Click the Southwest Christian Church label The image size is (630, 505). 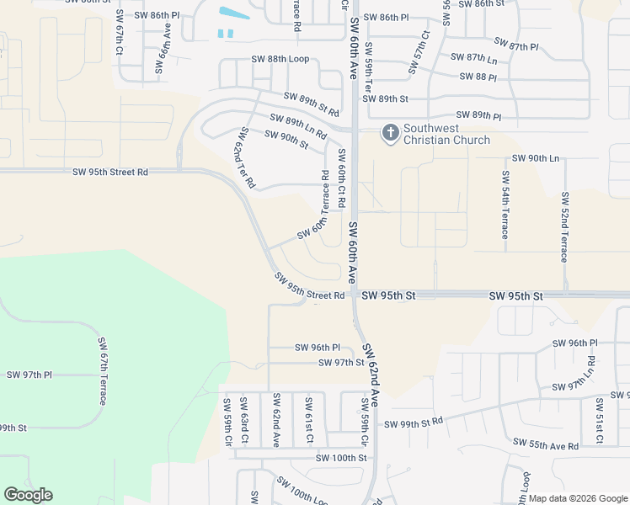(x=446, y=134)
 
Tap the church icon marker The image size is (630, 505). (x=390, y=132)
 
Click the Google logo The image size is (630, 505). (x=28, y=495)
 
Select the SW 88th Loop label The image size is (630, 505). (x=280, y=59)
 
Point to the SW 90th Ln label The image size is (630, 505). (x=536, y=158)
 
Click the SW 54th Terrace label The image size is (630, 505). (x=505, y=205)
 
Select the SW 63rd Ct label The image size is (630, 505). (x=243, y=421)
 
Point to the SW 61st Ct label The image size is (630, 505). (x=308, y=421)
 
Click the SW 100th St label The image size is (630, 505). (x=341, y=458)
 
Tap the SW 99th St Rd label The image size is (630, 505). (x=414, y=423)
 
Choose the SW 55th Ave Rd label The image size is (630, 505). (x=545, y=444)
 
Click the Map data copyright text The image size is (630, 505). (x=578, y=498)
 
